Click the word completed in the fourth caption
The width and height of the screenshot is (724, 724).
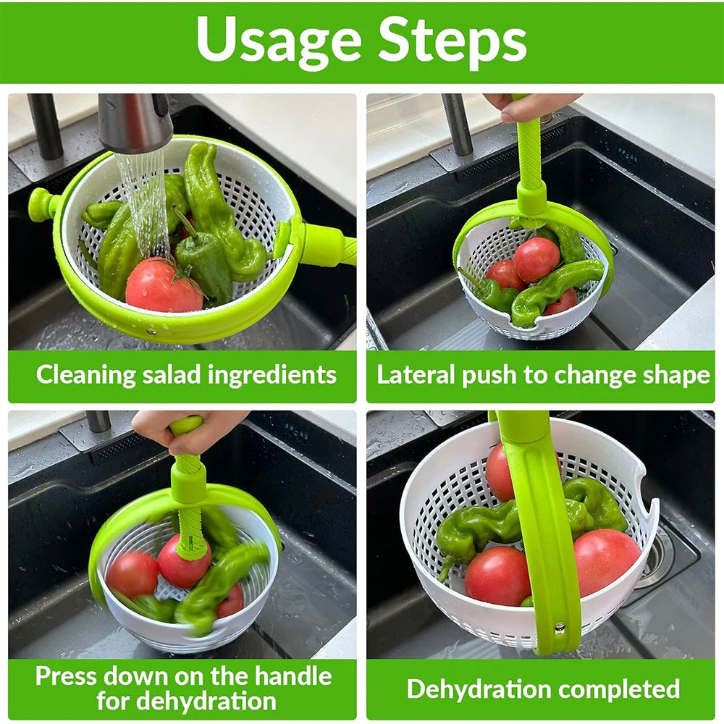pos(623,689)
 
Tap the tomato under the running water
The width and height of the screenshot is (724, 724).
pos(162,287)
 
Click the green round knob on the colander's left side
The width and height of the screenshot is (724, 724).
pos(41,204)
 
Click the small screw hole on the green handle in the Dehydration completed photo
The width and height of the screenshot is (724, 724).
pos(558,627)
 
